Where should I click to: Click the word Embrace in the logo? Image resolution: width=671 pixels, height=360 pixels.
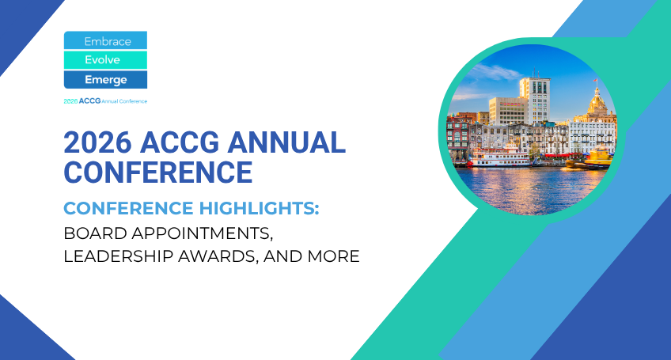coord(108,41)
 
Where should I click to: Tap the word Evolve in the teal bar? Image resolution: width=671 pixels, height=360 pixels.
coord(102,60)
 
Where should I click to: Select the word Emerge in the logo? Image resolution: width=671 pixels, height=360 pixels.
coord(106,80)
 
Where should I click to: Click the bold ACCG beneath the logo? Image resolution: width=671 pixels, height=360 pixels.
coord(90,101)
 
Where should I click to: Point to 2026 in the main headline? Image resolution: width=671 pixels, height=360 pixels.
coord(97,142)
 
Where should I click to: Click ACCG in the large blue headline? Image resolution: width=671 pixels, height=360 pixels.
coord(180,142)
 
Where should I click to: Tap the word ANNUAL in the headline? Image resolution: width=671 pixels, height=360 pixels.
coord(286,142)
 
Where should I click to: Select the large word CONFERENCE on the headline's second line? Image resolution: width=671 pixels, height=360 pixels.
coord(158,172)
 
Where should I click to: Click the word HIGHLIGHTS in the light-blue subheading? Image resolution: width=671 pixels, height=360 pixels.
coord(259,208)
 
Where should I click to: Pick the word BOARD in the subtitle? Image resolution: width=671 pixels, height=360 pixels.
coord(95,233)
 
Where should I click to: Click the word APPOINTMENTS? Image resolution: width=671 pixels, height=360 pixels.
coord(202,233)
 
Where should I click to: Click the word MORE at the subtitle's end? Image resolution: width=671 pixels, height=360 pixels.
coord(333,256)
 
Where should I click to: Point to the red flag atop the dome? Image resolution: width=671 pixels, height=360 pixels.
coord(595,80)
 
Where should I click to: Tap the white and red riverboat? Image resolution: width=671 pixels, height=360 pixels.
coord(500,156)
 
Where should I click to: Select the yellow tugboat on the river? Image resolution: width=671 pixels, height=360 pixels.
coord(593,157)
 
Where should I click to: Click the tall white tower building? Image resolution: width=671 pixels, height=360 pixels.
coord(535,100)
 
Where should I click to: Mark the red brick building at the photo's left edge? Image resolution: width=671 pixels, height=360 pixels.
coord(458,134)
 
